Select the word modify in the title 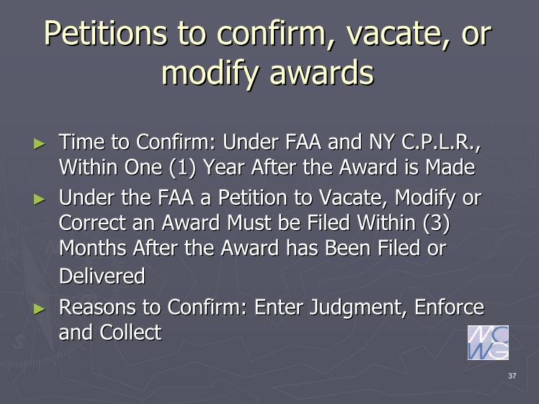(210, 74)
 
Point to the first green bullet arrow (40, 144)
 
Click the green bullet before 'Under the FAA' (40, 199)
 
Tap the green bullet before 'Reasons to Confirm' (40, 309)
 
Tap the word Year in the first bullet (223, 167)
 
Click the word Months (93, 247)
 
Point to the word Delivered (102, 276)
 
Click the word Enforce (449, 307)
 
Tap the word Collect (130, 333)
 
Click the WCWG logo (488, 343)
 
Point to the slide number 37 (512, 376)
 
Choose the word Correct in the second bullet (92, 223)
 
